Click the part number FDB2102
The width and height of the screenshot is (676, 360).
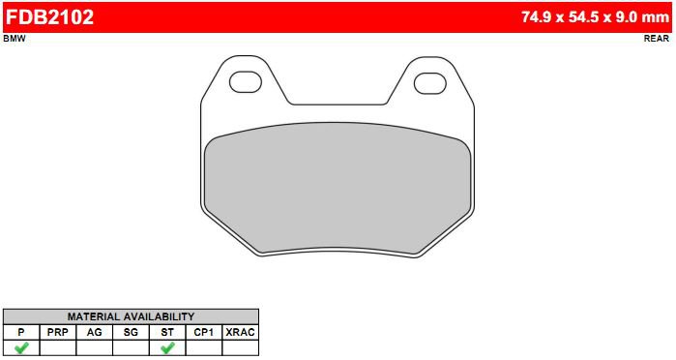click(x=49, y=17)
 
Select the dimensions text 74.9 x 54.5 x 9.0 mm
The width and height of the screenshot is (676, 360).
click(x=595, y=17)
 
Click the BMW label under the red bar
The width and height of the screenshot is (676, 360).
click(x=15, y=39)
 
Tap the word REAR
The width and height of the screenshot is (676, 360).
click(x=657, y=39)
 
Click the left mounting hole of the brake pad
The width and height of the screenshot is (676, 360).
click(x=246, y=82)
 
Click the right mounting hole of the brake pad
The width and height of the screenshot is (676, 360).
click(x=429, y=83)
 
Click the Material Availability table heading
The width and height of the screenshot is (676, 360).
click(x=132, y=316)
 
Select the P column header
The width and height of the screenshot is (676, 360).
click(x=21, y=332)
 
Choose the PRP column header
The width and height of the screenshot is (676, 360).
click(x=58, y=332)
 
